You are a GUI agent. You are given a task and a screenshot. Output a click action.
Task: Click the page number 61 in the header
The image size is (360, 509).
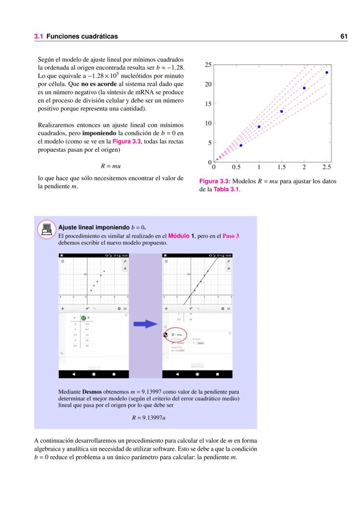(343, 37)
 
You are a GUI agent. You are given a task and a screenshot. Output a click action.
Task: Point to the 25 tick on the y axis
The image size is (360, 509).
(208, 65)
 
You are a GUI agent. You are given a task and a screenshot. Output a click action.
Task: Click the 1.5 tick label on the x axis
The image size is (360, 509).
(281, 167)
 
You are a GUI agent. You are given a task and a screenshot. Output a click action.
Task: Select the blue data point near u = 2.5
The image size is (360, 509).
(327, 73)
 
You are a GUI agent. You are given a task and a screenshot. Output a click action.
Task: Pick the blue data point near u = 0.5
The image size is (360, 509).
(241, 145)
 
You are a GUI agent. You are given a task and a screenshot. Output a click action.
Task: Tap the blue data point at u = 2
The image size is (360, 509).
(304, 88)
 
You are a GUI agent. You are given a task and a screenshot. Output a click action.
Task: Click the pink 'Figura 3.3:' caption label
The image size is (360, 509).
(215, 182)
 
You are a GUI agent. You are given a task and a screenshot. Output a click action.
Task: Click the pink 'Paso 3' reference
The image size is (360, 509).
(230, 236)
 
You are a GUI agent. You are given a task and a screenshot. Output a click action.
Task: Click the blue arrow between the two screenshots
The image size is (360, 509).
(145, 323)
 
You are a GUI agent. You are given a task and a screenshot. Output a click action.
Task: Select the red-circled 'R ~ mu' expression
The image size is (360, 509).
(177, 335)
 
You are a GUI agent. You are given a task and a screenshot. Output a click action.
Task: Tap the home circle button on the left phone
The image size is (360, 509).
(93, 374)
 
